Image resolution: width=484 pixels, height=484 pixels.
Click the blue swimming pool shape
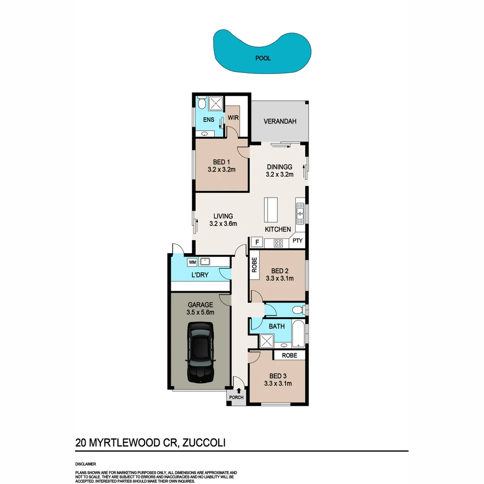(262, 52)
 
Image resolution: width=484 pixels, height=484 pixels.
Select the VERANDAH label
(280, 121)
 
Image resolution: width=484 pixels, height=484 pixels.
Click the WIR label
(233, 117)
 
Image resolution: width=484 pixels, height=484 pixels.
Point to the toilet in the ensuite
(202, 104)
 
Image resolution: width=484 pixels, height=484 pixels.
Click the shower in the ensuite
(216, 104)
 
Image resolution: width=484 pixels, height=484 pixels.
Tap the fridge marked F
(257, 243)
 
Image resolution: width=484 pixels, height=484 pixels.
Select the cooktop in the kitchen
(278, 243)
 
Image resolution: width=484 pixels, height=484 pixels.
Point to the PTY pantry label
(298, 241)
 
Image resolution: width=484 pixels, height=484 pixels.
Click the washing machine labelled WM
(192, 261)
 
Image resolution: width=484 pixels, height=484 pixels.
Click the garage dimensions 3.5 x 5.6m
(200, 313)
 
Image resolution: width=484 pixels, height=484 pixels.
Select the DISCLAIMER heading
(86, 464)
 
